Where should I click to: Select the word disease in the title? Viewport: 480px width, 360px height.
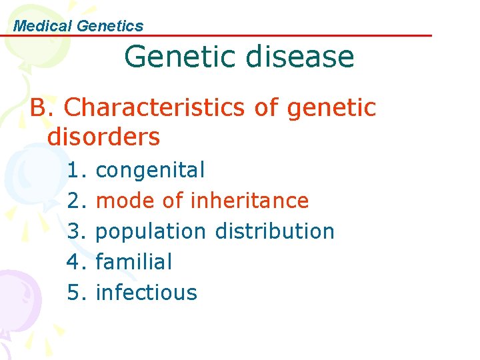(x=299, y=57)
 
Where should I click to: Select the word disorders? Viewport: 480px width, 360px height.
(x=104, y=137)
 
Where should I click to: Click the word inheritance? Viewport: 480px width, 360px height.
(x=250, y=201)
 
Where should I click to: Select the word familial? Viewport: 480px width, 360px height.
(x=134, y=262)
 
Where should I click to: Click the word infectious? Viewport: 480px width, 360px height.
(x=147, y=293)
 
